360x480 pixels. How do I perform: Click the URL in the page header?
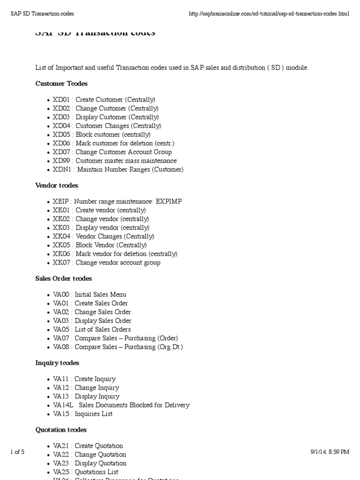(x=269, y=14)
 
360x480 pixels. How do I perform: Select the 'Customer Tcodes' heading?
(x=61, y=83)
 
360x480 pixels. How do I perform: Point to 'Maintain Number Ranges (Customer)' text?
(x=130, y=169)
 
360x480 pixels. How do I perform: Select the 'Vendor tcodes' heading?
(x=57, y=186)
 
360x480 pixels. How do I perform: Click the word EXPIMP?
(x=169, y=201)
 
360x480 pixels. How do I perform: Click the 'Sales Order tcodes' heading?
(x=64, y=278)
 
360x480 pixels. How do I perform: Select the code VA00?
(x=61, y=294)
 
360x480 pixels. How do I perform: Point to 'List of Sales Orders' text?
(x=103, y=330)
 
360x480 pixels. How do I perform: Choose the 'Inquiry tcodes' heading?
(x=57, y=363)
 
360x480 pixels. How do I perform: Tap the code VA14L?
(x=63, y=405)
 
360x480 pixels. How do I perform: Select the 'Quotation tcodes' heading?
(x=61, y=430)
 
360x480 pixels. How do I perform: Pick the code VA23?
(x=61, y=463)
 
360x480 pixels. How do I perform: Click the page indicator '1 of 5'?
(x=17, y=452)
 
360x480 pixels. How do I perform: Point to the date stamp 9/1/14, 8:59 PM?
(x=330, y=452)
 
